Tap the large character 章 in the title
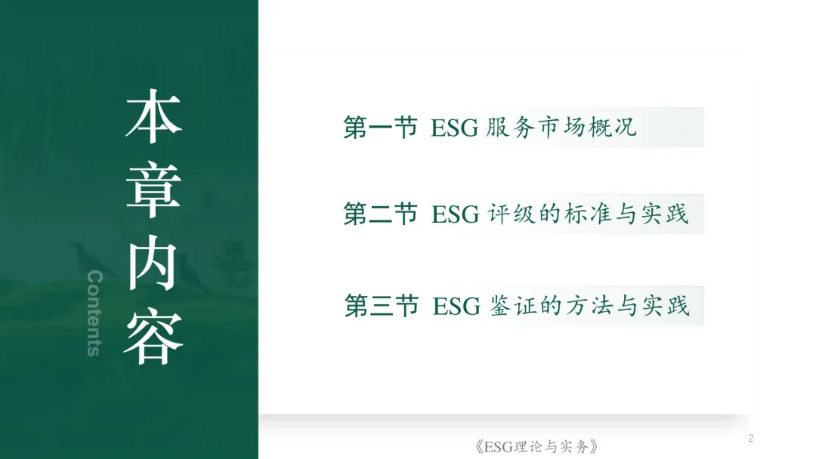153,189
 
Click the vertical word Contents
94,313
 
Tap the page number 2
750,439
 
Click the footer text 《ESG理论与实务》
539,446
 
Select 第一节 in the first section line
381,128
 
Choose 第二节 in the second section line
381,214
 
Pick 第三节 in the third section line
382,307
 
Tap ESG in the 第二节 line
455,214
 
